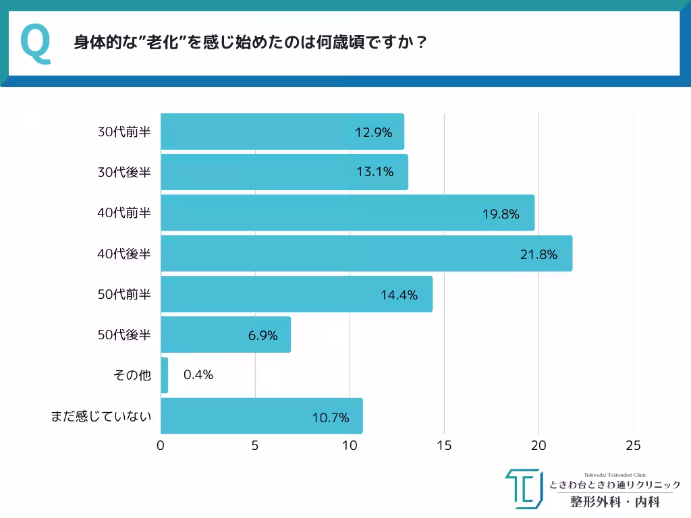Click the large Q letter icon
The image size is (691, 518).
pyautogui.click(x=36, y=44)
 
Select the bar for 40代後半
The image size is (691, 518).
pyautogui.click(x=366, y=254)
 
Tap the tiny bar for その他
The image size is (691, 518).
pyautogui.click(x=164, y=375)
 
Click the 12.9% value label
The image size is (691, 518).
pyautogui.click(x=374, y=132)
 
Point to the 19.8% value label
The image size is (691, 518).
pyautogui.click(x=500, y=214)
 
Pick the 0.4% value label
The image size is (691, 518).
pyautogui.click(x=198, y=375)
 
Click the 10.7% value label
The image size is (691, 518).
pyautogui.click(x=331, y=418)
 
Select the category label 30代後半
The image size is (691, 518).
pyautogui.click(x=125, y=172)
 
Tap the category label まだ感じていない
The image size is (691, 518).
pyautogui.click(x=101, y=416)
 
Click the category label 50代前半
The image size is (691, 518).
pyautogui.click(x=125, y=294)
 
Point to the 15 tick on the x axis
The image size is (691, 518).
pyautogui.click(x=444, y=446)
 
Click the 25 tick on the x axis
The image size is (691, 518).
pyautogui.click(x=633, y=446)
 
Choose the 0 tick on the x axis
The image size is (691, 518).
pyautogui.click(x=161, y=446)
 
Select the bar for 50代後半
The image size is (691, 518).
pyautogui.click(x=225, y=335)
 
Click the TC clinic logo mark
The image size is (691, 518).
pyautogui.click(x=523, y=488)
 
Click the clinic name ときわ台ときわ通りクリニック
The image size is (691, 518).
pyautogui.click(x=615, y=485)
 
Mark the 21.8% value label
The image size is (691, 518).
pyautogui.click(x=539, y=255)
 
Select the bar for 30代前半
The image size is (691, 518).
pyautogui.click(x=282, y=132)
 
